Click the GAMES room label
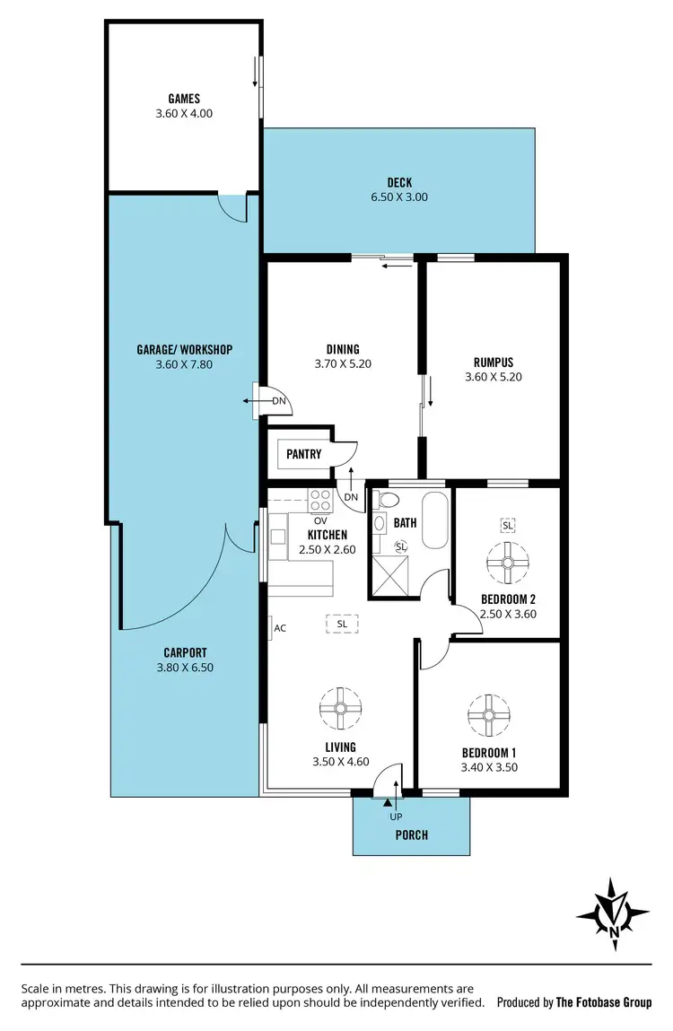tap(183, 99)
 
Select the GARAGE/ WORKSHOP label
tap(184, 349)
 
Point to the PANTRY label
tap(303, 454)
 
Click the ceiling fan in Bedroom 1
tap(488, 714)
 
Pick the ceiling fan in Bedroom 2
tap(508, 563)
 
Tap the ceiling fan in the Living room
tap(341, 708)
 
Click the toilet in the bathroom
tap(389, 501)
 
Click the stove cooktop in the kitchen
tap(320, 499)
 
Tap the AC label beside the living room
tap(280, 628)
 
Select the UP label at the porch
tap(395, 817)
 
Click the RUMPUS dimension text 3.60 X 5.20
tap(494, 378)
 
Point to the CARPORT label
tap(185, 652)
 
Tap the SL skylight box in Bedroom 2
tap(508, 524)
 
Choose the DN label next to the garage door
tap(279, 401)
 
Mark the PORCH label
tap(411, 835)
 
